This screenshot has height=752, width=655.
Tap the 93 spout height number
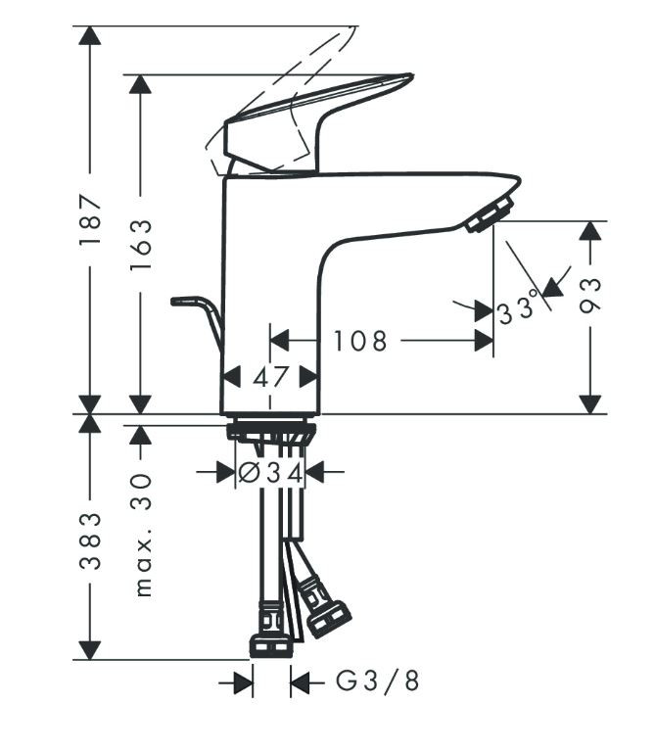click(x=589, y=295)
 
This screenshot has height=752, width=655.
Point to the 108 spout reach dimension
click(x=359, y=341)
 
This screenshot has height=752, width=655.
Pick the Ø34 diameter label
click(x=271, y=473)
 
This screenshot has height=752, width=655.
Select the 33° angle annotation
click(x=518, y=310)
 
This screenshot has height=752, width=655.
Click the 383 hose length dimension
click(x=90, y=540)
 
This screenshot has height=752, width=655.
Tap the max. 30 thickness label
click(x=142, y=535)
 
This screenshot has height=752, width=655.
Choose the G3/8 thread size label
click(x=378, y=681)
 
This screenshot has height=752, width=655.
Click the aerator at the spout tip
click(x=491, y=213)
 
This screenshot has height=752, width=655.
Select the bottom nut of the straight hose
click(x=271, y=644)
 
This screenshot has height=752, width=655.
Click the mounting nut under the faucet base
click(x=271, y=431)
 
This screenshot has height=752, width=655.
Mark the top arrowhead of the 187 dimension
click(x=90, y=37)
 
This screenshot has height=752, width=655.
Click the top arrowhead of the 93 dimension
click(x=589, y=231)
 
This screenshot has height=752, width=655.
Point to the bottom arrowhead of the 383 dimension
click(x=90, y=648)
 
